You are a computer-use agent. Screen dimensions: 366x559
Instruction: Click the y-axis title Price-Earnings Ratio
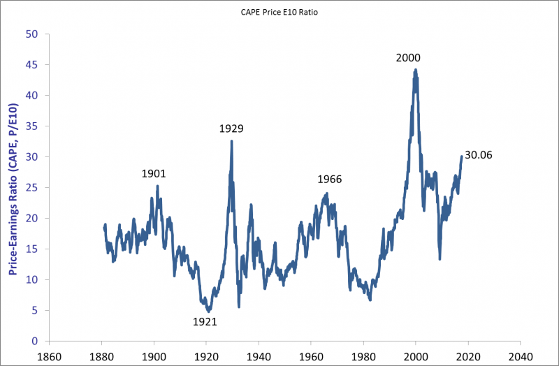(x=13, y=188)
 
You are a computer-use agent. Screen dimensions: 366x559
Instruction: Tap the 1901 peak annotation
(x=154, y=174)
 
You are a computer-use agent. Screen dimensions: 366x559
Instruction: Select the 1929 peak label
(x=231, y=129)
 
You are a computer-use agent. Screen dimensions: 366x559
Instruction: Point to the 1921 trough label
(x=205, y=322)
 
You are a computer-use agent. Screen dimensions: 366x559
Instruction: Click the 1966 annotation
(x=329, y=180)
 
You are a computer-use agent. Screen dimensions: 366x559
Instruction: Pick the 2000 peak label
(x=408, y=58)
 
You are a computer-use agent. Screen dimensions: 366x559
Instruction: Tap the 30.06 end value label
(x=479, y=155)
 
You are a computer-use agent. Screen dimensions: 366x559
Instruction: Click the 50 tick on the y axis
(x=31, y=34)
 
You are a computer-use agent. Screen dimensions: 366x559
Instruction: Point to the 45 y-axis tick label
(x=31, y=64)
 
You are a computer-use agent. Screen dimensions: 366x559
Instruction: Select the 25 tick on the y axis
(x=31, y=187)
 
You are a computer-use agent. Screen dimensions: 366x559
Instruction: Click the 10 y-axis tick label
(x=31, y=279)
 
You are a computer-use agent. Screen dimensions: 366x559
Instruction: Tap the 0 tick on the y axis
(x=34, y=341)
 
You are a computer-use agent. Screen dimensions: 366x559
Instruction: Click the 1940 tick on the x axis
(x=259, y=354)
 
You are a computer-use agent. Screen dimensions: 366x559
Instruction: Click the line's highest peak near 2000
(x=416, y=69)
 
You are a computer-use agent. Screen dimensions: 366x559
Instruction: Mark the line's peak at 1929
(x=231, y=141)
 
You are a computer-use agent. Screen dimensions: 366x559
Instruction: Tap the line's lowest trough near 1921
(x=208, y=311)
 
